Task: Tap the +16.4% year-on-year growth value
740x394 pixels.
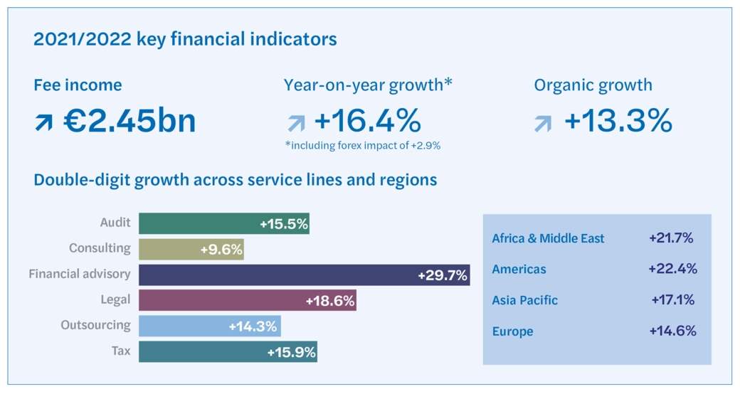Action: [367, 121]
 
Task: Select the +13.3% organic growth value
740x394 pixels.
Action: [618, 121]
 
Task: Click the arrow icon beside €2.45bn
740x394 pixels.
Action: [43, 124]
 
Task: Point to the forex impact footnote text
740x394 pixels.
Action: [362, 145]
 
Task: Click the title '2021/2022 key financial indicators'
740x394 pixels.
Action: [185, 39]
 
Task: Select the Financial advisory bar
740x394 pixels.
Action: [304, 275]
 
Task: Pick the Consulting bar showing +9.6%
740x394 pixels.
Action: [191, 249]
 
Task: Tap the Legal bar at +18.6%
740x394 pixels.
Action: [247, 300]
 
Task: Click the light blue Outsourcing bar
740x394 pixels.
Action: [209, 326]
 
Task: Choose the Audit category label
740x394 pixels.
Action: [115, 223]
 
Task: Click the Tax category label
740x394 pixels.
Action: [121, 351]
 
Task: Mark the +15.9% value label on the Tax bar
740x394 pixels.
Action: [291, 352]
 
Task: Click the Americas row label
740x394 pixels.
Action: [519, 270]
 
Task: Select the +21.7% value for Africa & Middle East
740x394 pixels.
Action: [671, 238]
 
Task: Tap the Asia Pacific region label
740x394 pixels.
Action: [524, 300]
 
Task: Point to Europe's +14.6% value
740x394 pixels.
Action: [672, 331]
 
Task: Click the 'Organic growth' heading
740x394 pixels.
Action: [593, 85]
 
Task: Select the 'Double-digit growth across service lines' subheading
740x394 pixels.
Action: [235, 179]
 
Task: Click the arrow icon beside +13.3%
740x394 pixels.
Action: [543, 124]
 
